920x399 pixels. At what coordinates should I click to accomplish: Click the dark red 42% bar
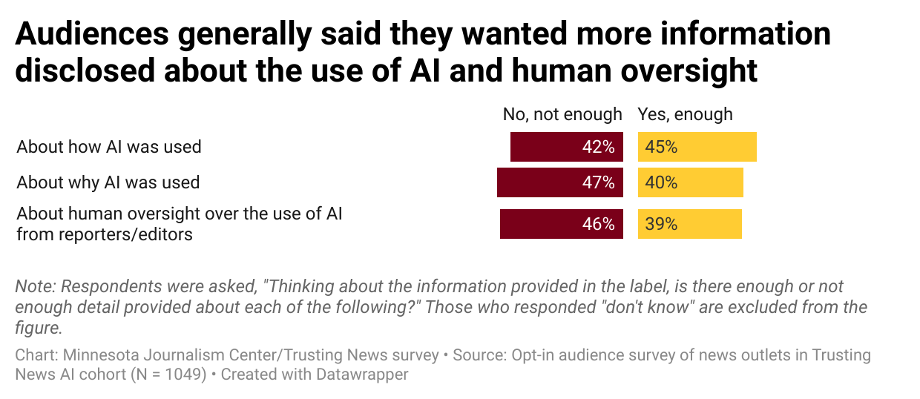click(566, 147)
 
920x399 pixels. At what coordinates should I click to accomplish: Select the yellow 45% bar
click(697, 147)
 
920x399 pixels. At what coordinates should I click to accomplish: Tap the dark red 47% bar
click(559, 182)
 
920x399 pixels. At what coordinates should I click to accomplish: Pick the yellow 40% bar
click(690, 182)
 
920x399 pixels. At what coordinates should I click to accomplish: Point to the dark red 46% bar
click(561, 224)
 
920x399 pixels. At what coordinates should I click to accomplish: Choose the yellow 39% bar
click(689, 224)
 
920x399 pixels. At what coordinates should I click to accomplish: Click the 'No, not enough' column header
click(562, 114)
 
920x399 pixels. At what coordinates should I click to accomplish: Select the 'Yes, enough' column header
click(685, 114)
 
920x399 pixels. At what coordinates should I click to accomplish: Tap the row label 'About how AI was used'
click(109, 147)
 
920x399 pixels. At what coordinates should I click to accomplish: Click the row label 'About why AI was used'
click(108, 182)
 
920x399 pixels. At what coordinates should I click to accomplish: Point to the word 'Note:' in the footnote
click(35, 287)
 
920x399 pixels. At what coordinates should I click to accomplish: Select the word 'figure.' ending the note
click(39, 327)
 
